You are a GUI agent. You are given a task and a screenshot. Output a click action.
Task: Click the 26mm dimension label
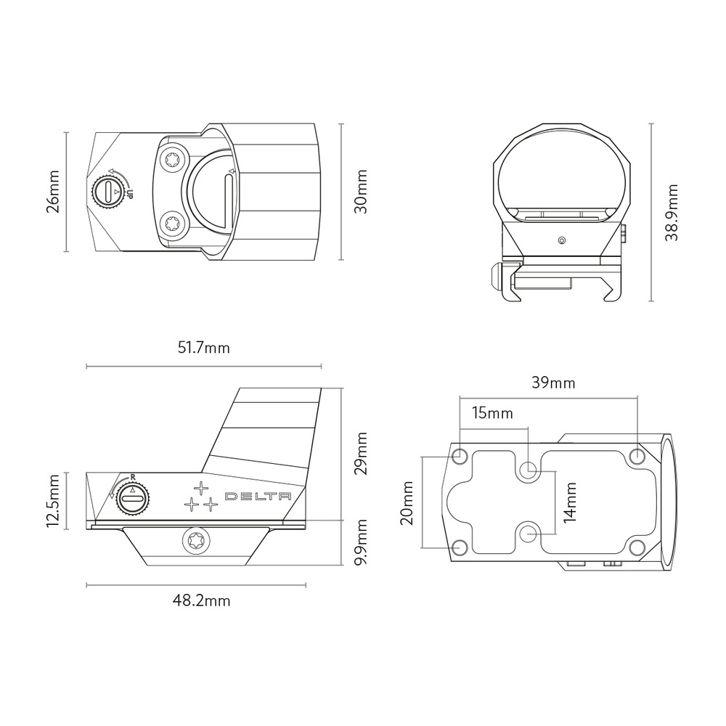point(52,192)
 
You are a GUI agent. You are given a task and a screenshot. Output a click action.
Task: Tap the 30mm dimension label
point(361,192)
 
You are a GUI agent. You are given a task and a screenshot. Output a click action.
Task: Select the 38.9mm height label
point(673,212)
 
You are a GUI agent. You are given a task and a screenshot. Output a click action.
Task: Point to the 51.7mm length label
point(204,348)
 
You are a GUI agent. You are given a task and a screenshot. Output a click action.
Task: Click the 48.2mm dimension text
point(201,601)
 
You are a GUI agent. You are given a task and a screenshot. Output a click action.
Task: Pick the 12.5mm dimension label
point(52,502)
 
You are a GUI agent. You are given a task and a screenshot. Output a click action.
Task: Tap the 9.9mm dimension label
point(361,542)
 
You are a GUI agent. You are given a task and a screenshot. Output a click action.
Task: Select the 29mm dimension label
point(361,453)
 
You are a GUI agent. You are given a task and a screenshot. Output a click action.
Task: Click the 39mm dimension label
point(553,383)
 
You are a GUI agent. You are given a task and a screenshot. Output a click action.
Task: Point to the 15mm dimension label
point(492,414)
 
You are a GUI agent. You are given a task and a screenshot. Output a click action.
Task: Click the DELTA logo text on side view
point(258,497)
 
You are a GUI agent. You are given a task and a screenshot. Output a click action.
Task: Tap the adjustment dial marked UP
point(107,192)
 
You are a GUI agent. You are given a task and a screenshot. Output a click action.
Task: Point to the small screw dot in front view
point(560,239)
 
